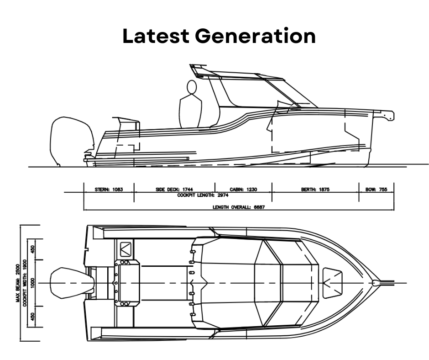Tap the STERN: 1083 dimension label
[109, 189]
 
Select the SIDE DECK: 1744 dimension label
[175, 189]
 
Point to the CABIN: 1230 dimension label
[243, 189]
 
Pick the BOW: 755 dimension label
[377, 189]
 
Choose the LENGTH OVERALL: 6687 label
[239, 207]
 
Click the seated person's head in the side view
[192, 87]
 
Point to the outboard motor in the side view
[71, 139]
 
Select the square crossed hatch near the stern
[125, 249]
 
